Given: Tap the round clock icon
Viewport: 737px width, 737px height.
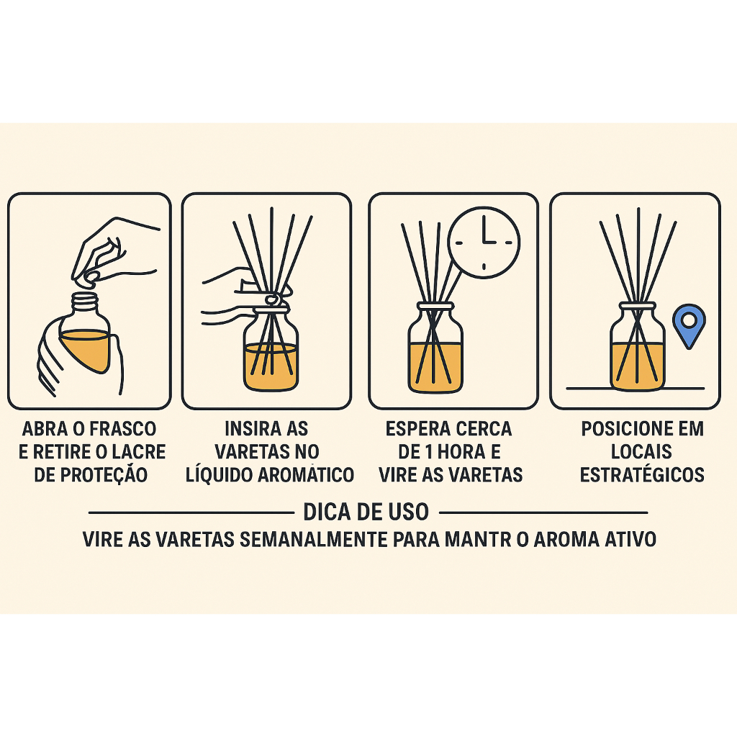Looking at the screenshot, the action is [x=484, y=243].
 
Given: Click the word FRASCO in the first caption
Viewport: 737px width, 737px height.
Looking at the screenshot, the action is [x=122, y=429].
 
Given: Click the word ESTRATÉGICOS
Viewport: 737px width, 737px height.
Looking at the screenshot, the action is [x=642, y=474].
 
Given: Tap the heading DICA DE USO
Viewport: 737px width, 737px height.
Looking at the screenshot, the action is [x=366, y=512].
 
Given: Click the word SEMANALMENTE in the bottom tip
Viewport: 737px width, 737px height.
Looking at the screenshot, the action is [x=313, y=540].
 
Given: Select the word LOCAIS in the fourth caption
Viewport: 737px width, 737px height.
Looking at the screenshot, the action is [x=641, y=452].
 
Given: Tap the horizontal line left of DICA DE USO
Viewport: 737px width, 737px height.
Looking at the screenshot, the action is [x=191, y=512].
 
